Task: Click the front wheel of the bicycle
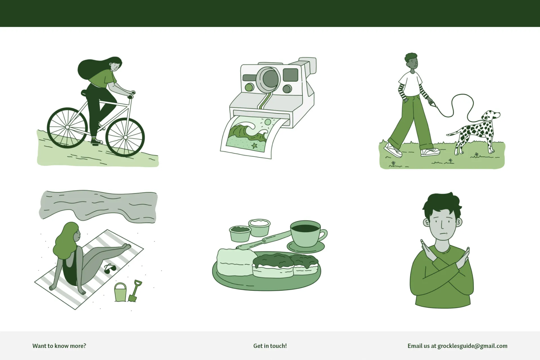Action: tap(125, 137)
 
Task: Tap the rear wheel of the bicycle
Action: tap(67, 127)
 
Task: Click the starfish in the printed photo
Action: tap(255, 145)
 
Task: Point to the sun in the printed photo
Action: tap(268, 122)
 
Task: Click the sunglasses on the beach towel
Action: tap(110, 269)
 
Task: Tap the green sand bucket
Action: tap(120, 292)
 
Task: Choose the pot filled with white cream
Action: tap(259, 228)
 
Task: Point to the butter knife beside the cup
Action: tap(263, 240)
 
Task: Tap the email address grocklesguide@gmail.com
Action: tap(472, 346)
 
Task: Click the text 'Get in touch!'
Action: tap(270, 346)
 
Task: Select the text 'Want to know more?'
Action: tap(59, 346)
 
